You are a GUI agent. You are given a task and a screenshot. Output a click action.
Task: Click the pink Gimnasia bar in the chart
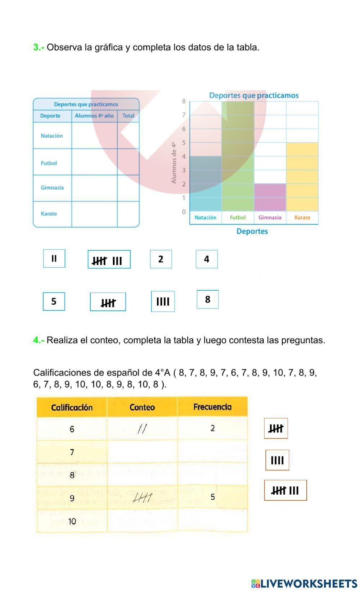(270, 197)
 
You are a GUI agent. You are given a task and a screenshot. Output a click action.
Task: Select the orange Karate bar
(302, 176)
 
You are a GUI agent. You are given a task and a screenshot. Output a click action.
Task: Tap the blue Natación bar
(206, 183)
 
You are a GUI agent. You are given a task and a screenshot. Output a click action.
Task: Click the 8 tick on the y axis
(184, 101)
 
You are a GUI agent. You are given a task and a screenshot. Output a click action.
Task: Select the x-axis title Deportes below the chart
(252, 231)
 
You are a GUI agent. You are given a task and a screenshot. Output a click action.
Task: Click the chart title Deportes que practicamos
(253, 95)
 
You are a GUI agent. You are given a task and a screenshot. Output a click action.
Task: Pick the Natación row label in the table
(52, 136)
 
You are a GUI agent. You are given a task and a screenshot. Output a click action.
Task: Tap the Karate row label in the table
(49, 214)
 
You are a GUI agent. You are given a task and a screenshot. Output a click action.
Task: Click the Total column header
(128, 116)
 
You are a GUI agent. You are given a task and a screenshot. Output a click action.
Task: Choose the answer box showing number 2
(161, 259)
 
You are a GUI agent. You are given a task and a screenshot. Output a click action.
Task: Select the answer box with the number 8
(208, 299)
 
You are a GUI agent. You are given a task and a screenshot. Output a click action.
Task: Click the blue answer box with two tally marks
(54, 258)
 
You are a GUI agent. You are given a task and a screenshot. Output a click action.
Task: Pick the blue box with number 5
(54, 301)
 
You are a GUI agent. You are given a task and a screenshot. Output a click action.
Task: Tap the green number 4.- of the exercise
(39, 340)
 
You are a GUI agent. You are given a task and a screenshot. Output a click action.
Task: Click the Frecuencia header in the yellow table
(212, 407)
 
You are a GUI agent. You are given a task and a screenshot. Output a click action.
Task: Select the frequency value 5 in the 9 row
(212, 497)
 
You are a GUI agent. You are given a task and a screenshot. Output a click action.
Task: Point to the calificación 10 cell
(72, 521)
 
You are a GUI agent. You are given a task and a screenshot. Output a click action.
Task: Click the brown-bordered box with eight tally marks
(285, 490)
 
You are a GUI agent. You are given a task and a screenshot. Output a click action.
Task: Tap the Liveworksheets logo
(304, 583)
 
